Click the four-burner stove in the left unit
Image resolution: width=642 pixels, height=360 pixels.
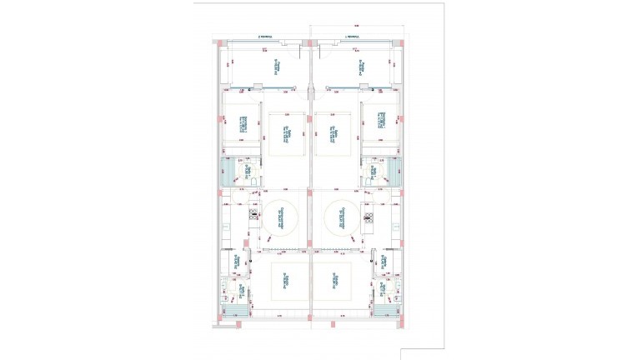252,216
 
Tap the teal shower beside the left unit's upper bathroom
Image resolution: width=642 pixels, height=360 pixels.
225,172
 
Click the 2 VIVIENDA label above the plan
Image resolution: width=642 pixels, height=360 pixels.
265,37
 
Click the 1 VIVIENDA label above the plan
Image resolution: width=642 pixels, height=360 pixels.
353,37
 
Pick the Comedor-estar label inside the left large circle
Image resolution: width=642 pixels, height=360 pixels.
280,217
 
